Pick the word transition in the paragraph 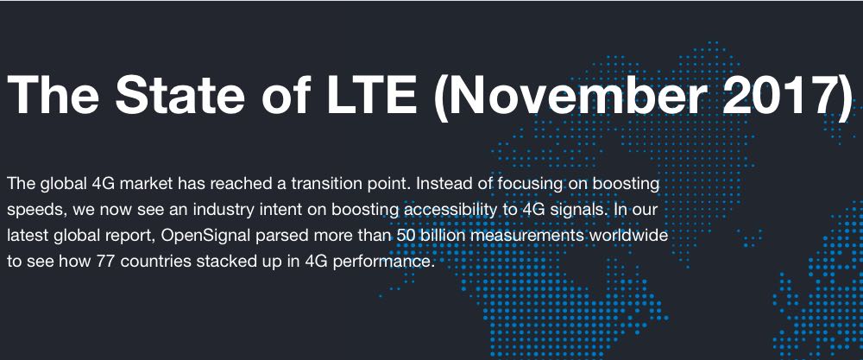coord(326,183)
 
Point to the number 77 coord(105,262)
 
